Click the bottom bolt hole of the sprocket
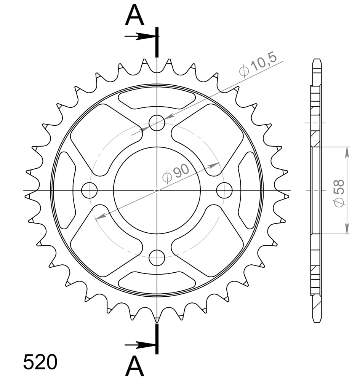coord(157,258)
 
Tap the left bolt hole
coord(90,190)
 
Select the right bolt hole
coord(224,190)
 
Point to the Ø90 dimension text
coord(176,173)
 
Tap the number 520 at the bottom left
coord(40,362)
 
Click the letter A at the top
coord(135,16)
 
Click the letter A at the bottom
coord(135,367)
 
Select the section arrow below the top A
coord(140,37)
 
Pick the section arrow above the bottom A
coord(140,345)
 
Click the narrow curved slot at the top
coord(157,98)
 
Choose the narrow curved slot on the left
coord(65,190)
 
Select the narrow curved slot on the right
coord(248,190)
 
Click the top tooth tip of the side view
coord(316,60)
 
